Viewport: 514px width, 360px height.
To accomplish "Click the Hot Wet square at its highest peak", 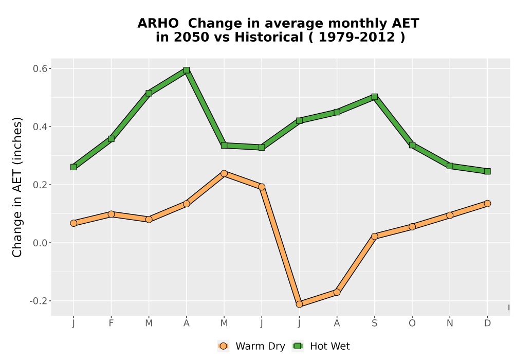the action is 187,70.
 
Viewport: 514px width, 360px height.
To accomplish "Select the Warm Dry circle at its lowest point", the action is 299,304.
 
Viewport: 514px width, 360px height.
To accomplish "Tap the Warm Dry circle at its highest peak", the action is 224,173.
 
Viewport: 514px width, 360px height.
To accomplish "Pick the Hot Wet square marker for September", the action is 375,97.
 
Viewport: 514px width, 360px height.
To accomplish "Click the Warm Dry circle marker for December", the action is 487,204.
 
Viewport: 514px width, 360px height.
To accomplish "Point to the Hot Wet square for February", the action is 111,139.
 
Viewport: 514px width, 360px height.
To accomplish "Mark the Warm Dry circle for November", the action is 450,215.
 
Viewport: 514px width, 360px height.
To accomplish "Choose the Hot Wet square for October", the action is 412,145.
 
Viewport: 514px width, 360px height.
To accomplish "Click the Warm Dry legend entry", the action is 251,346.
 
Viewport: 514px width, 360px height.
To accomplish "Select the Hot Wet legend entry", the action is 321,346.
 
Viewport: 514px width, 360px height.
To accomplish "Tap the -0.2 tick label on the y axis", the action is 39,301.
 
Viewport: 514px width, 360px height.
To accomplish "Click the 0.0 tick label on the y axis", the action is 40,243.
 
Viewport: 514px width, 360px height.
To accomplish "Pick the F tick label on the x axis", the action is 111,323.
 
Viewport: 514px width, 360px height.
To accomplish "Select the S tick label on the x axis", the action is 375,323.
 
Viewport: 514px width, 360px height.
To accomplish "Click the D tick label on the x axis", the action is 487,323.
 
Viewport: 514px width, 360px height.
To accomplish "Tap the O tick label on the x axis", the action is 412,323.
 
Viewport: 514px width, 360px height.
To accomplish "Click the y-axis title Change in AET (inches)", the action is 17,187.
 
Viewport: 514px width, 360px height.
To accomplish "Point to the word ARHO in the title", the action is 158,23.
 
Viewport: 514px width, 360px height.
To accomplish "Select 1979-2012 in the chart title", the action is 357,37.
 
